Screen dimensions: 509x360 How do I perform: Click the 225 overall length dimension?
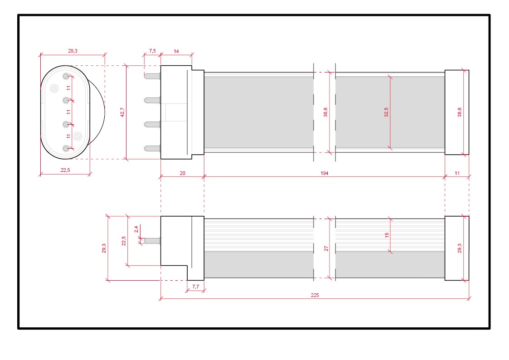tap(315, 295)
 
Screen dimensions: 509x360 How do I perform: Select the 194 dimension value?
tap(324, 173)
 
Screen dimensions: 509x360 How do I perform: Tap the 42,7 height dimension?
tap(122, 112)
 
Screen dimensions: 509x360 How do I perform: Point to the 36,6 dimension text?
tap(325, 112)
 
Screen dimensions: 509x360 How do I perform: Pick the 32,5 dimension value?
tap(386, 112)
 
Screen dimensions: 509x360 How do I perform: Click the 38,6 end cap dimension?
tap(459, 112)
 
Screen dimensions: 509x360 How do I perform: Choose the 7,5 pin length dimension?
tap(153, 51)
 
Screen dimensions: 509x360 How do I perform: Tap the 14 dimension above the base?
tap(176, 51)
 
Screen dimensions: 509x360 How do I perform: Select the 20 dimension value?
tap(183, 173)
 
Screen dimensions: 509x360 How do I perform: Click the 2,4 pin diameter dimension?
tap(136, 229)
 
